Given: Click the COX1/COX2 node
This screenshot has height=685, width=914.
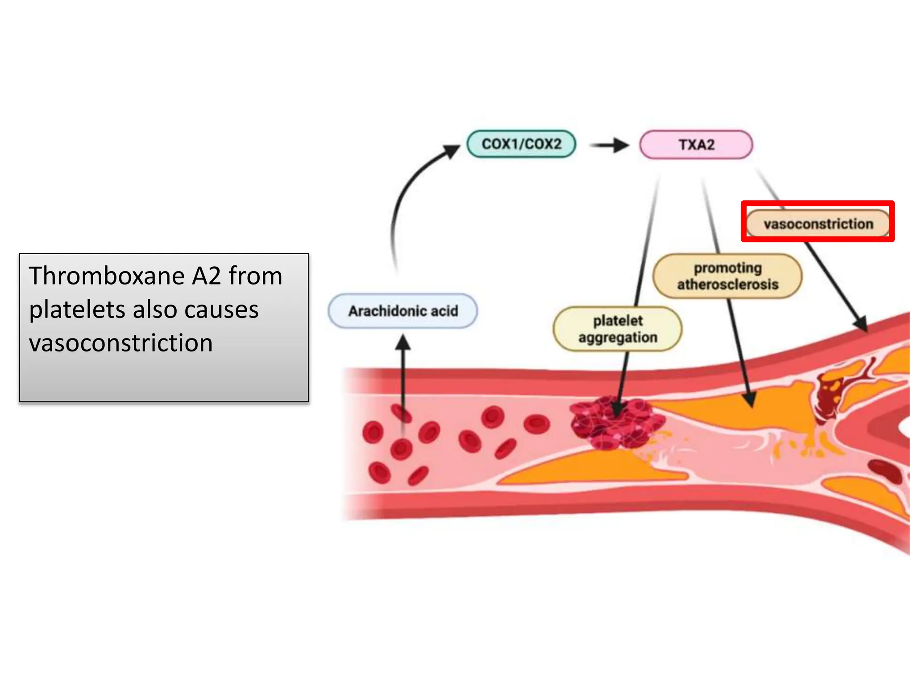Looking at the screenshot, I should pos(521,144).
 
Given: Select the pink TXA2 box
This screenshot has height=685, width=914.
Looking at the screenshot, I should pos(696,144).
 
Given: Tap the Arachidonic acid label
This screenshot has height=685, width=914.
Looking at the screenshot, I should pos(403,311).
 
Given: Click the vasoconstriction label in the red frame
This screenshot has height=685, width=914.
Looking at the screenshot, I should pos(818,223).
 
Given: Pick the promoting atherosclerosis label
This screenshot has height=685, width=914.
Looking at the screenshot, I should pos(727,276).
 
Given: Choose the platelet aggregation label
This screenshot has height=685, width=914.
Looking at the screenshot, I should pos(618,329).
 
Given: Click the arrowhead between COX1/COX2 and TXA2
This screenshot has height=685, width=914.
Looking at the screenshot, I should pos(621,145).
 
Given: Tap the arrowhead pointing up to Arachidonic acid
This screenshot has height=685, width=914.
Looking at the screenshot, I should pos(403,342).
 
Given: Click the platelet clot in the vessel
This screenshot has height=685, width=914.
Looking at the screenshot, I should pos(616,422).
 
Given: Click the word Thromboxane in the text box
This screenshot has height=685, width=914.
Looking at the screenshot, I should pos(107,276).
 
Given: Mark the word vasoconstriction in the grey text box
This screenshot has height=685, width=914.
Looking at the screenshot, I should pos(120,343).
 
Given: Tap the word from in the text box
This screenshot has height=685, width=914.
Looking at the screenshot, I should pos(256,276).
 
